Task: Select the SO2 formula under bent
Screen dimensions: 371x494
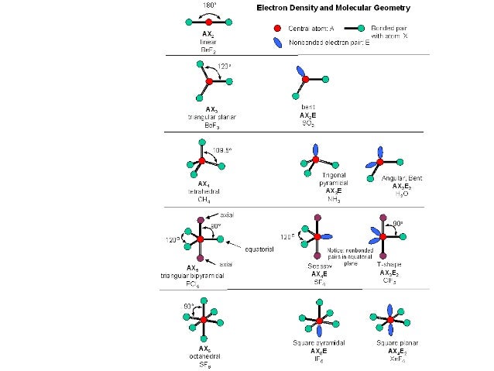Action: (308, 123)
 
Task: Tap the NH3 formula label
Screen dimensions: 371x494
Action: (333, 199)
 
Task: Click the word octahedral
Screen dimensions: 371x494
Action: (204, 357)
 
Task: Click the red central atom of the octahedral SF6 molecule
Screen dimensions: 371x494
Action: (204, 319)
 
